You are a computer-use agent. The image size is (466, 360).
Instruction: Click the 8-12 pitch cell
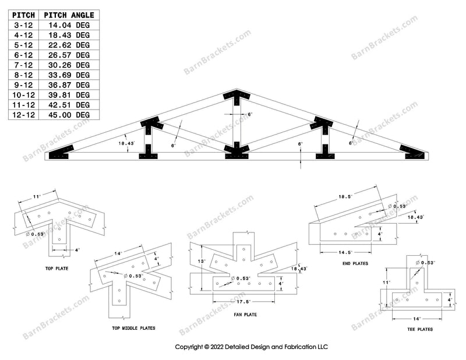tap(23, 75)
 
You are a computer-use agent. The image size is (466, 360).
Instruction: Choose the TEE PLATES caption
tap(421, 329)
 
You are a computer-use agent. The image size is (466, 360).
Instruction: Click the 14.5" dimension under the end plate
tap(344, 252)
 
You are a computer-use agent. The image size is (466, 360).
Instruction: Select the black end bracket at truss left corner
tap(62, 153)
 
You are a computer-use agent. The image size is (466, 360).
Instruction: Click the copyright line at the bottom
tap(252, 347)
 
